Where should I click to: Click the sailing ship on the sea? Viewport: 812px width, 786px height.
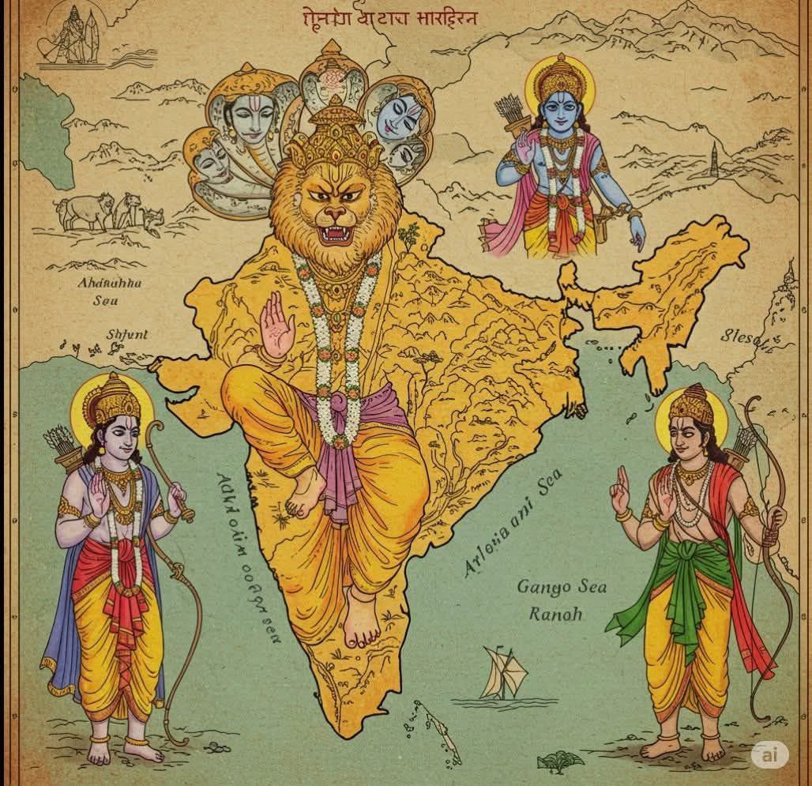(x=504, y=673)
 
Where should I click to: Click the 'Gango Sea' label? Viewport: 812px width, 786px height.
(x=555, y=588)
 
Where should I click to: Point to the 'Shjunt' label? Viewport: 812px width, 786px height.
(x=126, y=334)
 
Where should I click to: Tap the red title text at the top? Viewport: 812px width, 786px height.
(x=389, y=17)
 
